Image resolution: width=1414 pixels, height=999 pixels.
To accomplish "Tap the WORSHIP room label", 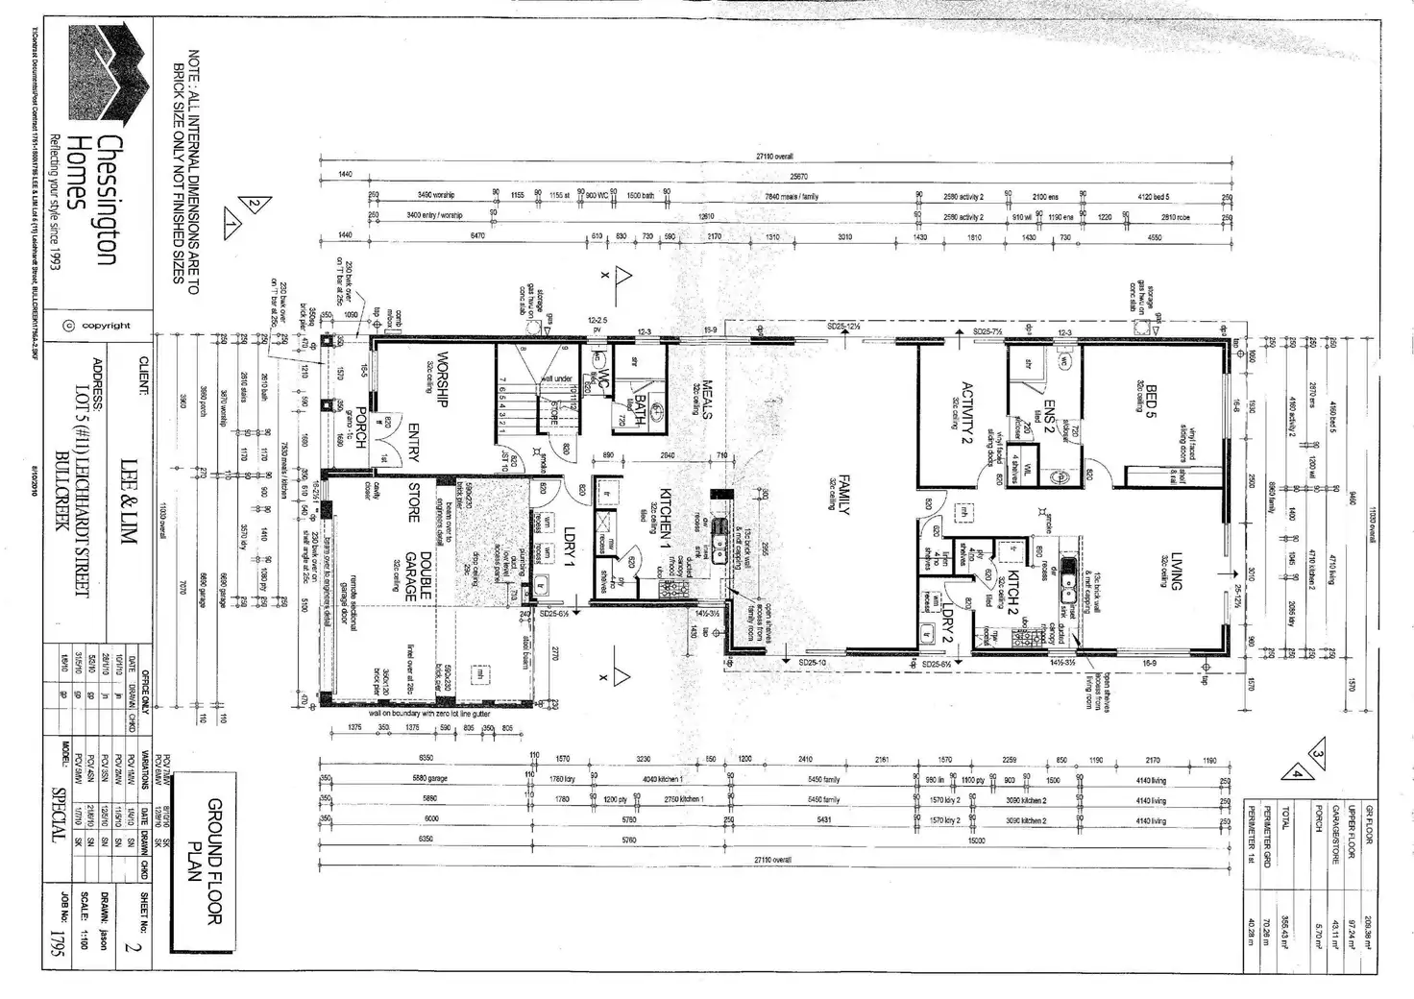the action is point(443,378).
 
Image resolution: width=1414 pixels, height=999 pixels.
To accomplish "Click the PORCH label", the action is point(357,428).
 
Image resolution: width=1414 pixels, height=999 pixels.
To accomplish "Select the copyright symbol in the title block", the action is point(68,326).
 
